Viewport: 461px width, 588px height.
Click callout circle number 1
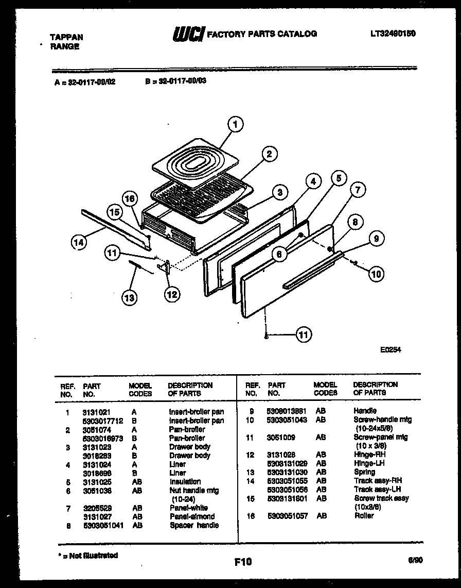tap(235, 124)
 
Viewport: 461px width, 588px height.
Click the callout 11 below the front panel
tap(304, 335)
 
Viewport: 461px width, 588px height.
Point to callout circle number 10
tap(377, 274)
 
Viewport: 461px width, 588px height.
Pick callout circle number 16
tap(131, 198)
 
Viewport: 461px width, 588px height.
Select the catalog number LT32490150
tap(393, 33)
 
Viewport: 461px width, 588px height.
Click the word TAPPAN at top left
tap(66, 37)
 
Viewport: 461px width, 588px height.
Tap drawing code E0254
tap(391, 349)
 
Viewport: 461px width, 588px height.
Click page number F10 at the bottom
tap(243, 562)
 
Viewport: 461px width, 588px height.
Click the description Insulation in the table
tap(185, 482)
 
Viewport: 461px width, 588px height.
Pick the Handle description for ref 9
tap(365, 411)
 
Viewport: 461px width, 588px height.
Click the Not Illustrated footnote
tap(87, 555)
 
